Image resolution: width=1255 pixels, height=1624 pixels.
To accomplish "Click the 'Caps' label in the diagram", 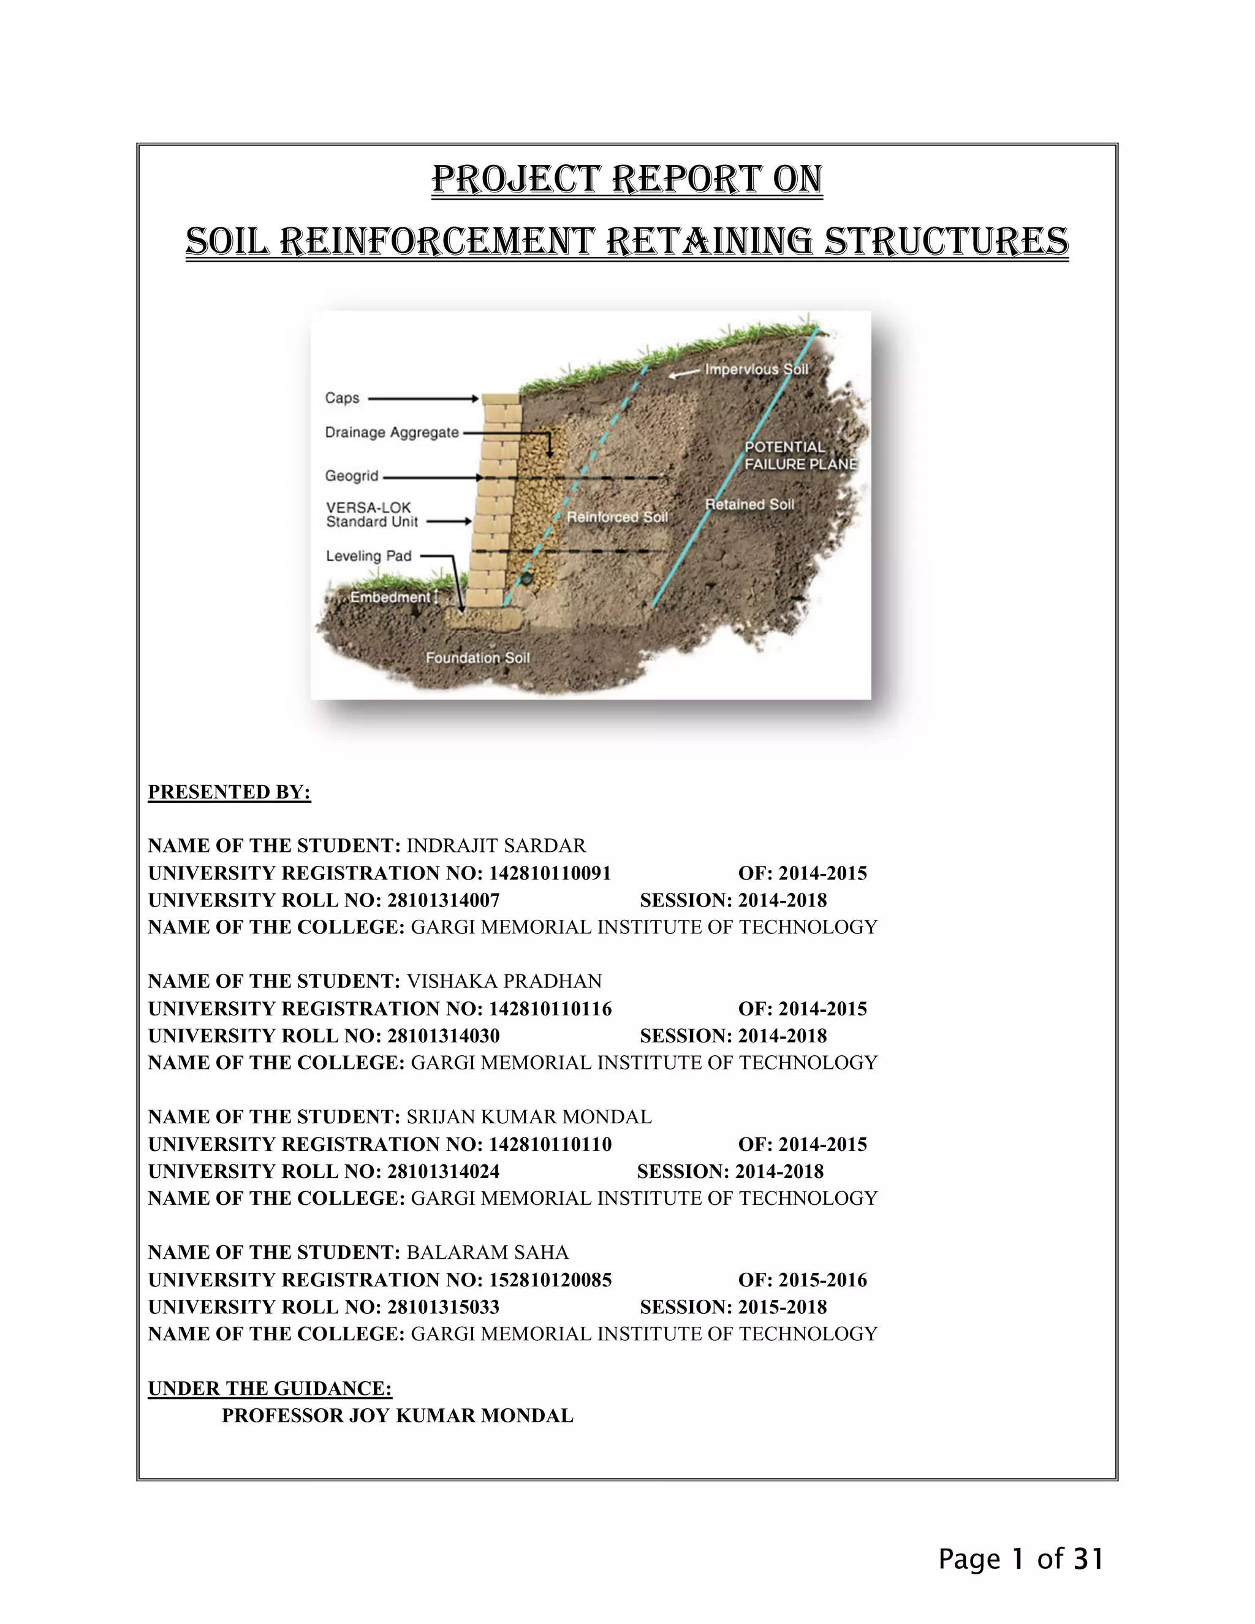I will coord(342,398).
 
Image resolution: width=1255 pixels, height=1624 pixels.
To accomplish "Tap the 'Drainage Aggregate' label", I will coord(392,432).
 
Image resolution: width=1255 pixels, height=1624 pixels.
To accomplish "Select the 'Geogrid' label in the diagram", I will coord(352,476).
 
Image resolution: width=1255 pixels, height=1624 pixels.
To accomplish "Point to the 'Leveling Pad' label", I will coord(369,555).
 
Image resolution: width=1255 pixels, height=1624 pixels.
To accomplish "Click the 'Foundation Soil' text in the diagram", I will coord(477,658).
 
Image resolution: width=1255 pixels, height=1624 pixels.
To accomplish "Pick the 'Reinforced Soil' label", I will coord(617,517).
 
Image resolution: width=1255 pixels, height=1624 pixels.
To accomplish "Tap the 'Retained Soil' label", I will coord(749,504).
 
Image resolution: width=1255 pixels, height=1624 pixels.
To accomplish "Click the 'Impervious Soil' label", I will coord(756,369).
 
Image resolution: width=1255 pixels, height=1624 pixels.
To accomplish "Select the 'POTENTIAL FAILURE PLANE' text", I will coord(800,455).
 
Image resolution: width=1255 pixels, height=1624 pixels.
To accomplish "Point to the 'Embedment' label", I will coord(390,597).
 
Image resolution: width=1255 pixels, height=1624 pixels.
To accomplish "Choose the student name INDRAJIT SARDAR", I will coord(496,846).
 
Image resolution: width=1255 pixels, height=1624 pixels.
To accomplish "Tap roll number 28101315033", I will coord(443,1307).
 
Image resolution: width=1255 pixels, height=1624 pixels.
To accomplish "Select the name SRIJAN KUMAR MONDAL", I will coord(529,1116).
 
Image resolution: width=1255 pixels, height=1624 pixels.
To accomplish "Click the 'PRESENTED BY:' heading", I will coord(229,792).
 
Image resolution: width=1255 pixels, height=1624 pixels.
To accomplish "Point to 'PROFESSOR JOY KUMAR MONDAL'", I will coord(397,1415).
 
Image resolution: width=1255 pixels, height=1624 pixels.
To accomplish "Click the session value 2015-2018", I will coord(782,1307).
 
